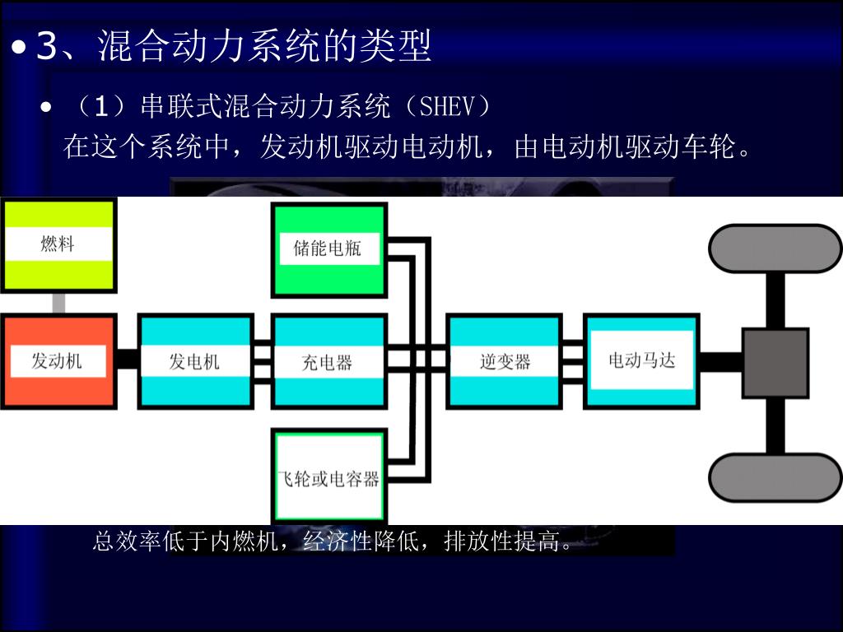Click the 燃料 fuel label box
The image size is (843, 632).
(58, 244)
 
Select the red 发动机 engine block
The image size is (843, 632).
(58, 360)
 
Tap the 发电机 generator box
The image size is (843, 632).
(195, 360)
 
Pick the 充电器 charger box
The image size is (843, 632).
(328, 361)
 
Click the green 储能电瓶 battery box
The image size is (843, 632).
(328, 249)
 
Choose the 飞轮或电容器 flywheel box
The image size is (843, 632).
(328, 476)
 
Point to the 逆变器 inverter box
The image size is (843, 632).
(505, 360)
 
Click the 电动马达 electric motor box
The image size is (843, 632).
(641, 360)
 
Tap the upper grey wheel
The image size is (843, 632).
(775, 248)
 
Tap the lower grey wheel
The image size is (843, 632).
(775, 477)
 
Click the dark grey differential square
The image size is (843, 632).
(775, 363)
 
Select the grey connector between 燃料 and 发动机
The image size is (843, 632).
(58, 302)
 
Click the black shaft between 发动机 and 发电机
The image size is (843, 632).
(127, 360)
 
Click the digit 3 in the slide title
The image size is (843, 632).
(47, 47)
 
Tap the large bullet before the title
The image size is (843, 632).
(20, 49)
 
